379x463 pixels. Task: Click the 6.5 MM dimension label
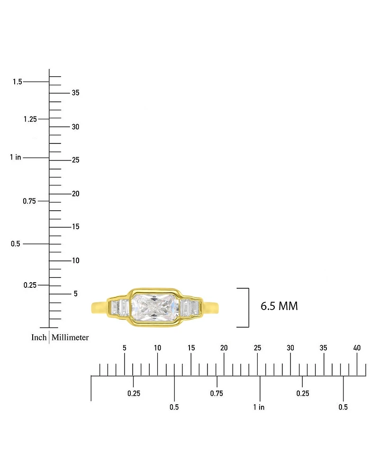pyautogui.click(x=279, y=306)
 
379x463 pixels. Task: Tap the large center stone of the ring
pyautogui.click(x=154, y=308)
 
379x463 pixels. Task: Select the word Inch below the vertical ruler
pyautogui.click(x=39, y=338)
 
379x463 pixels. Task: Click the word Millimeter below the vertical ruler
pyautogui.click(x=70, y=338)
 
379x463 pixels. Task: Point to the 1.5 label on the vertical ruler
pyautogui.click(x=18, y=81)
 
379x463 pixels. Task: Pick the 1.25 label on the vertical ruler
pyautogui.click(x=30, y=119)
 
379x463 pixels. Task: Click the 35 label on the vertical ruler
pyautogui.click(x=76, y=93)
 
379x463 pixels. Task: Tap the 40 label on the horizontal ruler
pyautogui.click(x=357, y=348)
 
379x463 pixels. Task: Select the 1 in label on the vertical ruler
pyautogui.click(x=15, y=157)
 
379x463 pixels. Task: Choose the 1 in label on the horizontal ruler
pyautogui.click(x=259, y=407)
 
